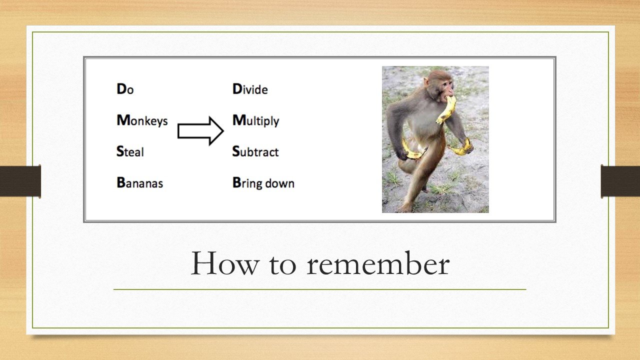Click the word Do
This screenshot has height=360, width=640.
(x=125, y=89)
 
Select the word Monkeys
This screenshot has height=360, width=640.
(x=142, y=120)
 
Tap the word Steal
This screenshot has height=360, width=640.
(x=130, y=151)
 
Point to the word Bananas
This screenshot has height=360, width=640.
(x=139, y=182)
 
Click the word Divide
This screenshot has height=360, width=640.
(x=250, y=89)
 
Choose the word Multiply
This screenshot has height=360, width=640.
(x=255, y=120)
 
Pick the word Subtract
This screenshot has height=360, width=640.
(x=255, y=151)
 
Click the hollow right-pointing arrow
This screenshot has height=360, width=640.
(x=200, y=131)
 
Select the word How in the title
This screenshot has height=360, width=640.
(x=225, y=263)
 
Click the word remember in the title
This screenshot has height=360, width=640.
(x=378, y=263)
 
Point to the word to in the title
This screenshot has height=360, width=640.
(x=283, y=265)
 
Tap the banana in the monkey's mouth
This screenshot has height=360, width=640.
(x=446, y=109)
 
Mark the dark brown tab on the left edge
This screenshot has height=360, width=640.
(x=20, y=181)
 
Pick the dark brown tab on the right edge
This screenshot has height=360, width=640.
(x=620, y=181)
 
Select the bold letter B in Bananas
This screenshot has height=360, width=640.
(x=121, y=182)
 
